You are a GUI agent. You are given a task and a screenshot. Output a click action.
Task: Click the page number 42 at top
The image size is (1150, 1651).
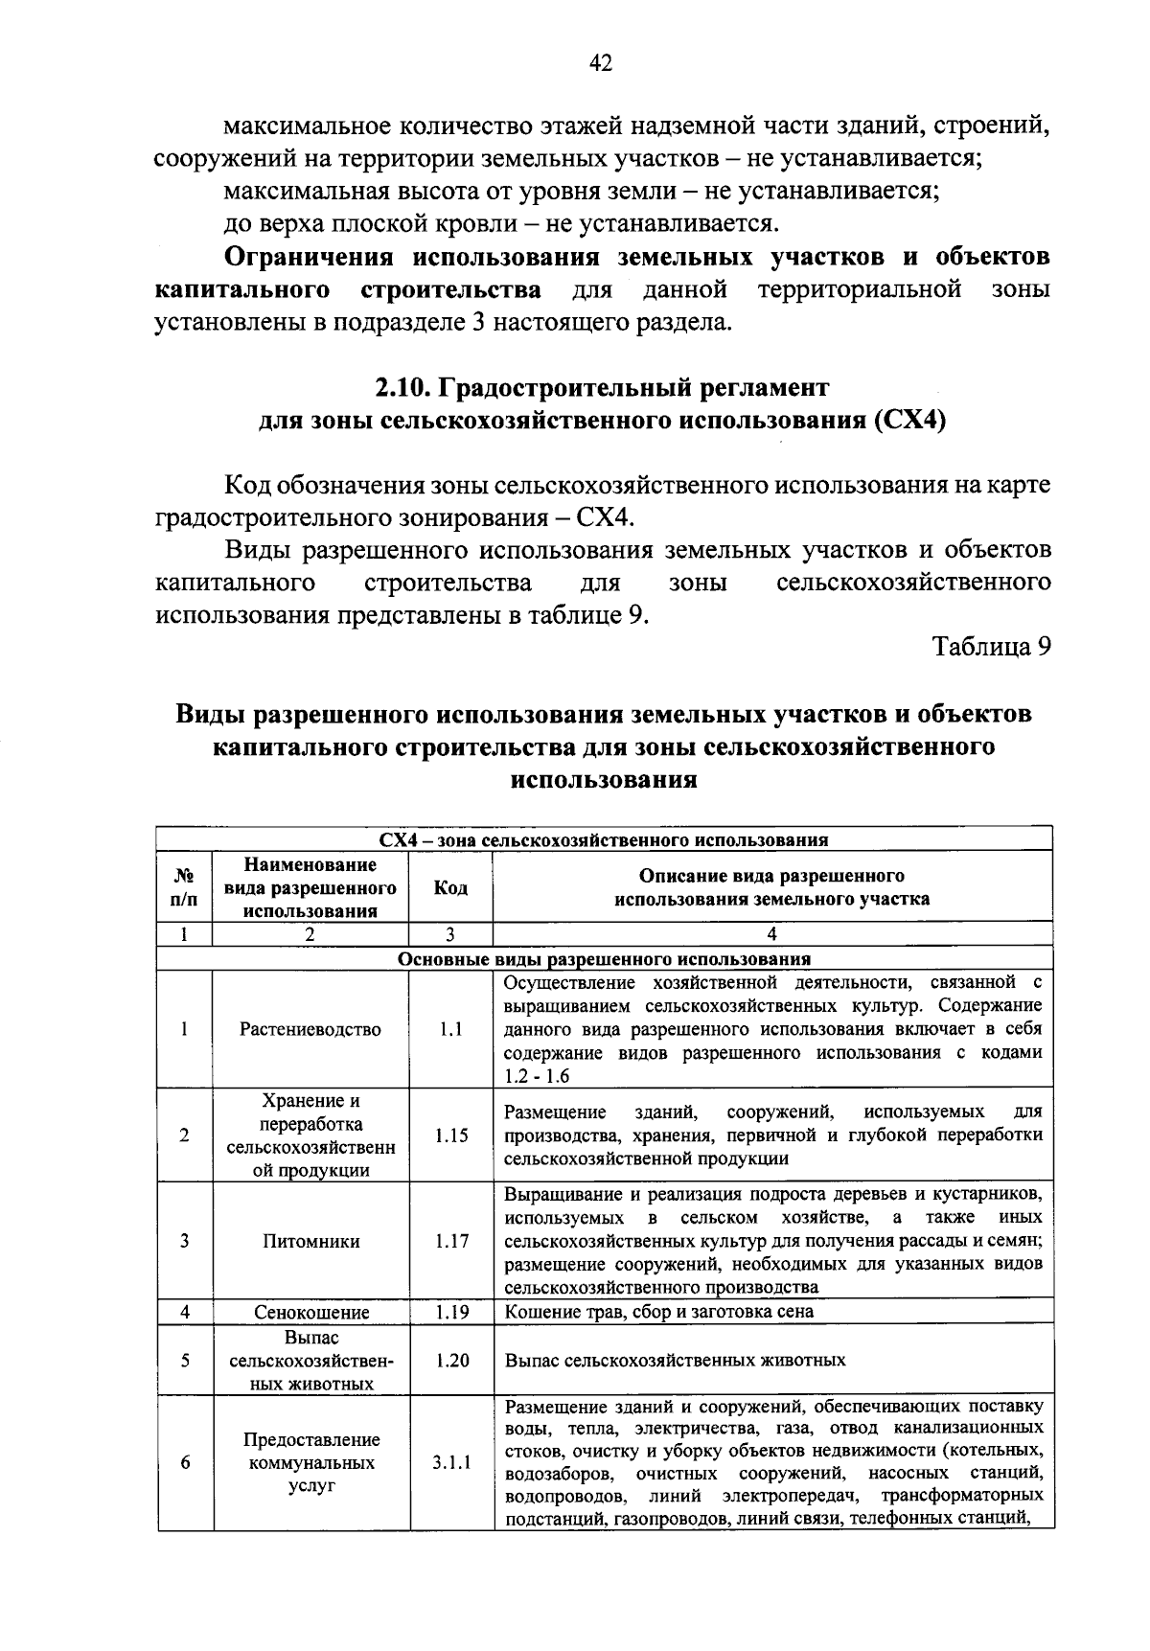601,64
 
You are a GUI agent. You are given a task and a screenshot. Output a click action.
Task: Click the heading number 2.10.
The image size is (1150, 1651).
403,387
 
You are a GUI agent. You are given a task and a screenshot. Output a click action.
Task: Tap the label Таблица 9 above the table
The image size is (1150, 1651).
993,647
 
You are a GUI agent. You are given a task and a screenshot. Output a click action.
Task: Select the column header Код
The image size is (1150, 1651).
450,888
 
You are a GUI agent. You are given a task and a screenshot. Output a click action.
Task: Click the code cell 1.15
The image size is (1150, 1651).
450,1135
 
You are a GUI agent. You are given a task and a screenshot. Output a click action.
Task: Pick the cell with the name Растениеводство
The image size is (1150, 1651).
310,1030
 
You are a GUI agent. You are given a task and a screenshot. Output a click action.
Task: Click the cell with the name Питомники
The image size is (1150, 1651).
310,1242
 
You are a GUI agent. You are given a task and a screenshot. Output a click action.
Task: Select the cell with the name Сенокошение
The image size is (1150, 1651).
310,1313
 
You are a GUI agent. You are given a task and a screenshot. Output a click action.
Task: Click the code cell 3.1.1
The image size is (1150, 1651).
450,1464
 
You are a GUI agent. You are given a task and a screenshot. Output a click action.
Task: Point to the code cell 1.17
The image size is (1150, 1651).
450,1242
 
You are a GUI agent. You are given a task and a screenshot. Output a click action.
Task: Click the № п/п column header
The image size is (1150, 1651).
184,888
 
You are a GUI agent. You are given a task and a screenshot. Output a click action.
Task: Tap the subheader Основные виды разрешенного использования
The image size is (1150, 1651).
604,959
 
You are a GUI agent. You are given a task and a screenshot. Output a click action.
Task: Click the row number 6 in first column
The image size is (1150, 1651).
184,1464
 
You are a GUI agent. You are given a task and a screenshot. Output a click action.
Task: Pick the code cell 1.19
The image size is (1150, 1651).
450,1313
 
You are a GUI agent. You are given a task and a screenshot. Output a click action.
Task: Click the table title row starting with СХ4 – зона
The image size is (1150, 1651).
604,840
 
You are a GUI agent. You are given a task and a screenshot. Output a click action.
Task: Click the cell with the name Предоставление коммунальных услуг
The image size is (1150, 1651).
310,1464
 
